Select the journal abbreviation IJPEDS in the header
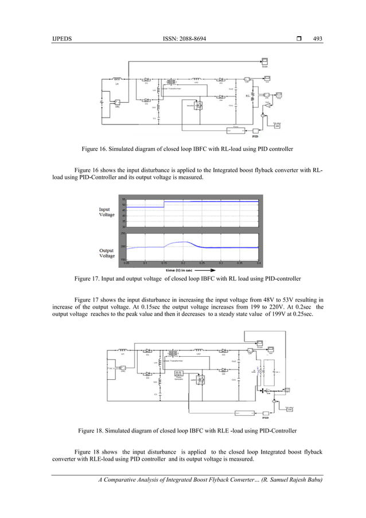pyautogui.click(x=61, y=39)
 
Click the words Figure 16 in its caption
pyautogui.click(x=94, y=149)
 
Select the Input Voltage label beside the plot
pyautogui.click(x=107, y=212)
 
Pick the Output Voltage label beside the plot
pyautogui.click(x=107, y=253)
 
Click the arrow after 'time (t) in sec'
pyautogui.click(x=204, y=268)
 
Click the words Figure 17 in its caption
pyautogui.click(x=87, y=279)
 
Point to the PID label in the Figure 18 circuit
pyautogui.click(x=265, y=418)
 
